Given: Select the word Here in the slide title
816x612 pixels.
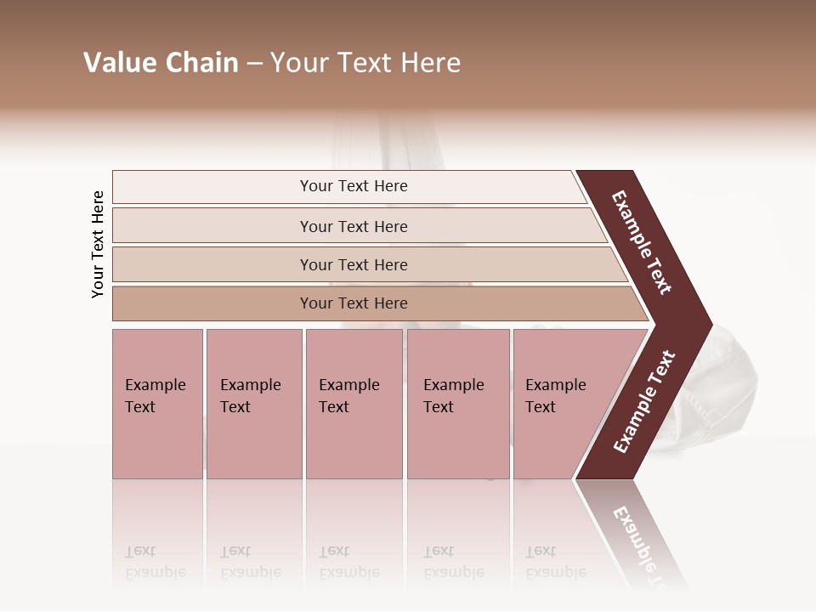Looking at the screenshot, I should tap(431, 63).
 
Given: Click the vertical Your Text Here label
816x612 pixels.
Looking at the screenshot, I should tap(98, 244).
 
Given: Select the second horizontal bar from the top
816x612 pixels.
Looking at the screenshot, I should tap(354, 226).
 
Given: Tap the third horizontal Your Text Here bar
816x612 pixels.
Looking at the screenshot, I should tap(354, 264).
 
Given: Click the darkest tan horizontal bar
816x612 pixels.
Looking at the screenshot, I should tap(354, 303).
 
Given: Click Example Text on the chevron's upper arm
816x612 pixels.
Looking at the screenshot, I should tap(642, 242).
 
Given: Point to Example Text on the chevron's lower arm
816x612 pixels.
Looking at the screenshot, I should tap(643, 402).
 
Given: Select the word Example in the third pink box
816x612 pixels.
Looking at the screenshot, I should tap(348, 385).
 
